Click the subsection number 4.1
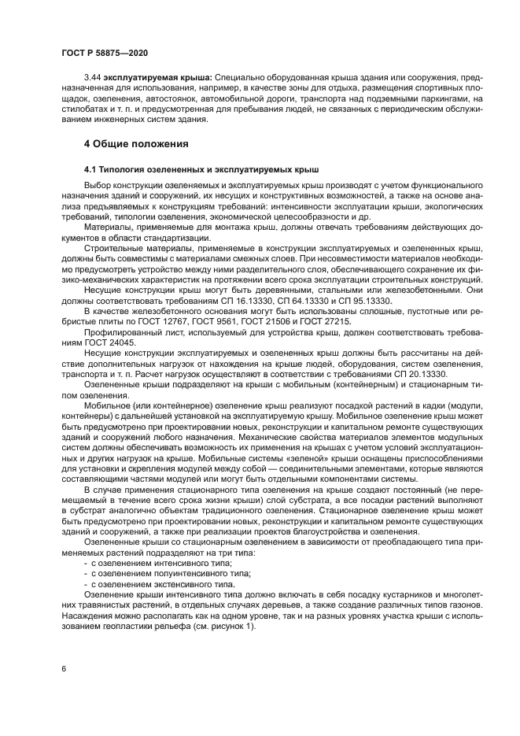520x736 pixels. [x=90, y=170]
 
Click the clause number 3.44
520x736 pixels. [x=93, y=80]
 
